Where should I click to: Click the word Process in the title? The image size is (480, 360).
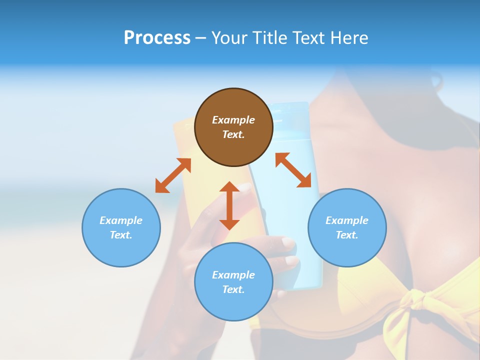157,38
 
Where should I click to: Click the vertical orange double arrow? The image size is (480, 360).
229,205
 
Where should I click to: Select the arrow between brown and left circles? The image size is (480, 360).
173,175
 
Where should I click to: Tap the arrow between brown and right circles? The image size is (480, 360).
293,170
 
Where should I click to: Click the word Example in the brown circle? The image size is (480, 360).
233,120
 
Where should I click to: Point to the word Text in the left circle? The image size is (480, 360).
121,235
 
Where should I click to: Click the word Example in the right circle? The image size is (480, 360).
347,220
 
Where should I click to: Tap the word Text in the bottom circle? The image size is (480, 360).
233,289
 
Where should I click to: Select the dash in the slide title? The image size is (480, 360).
200,38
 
